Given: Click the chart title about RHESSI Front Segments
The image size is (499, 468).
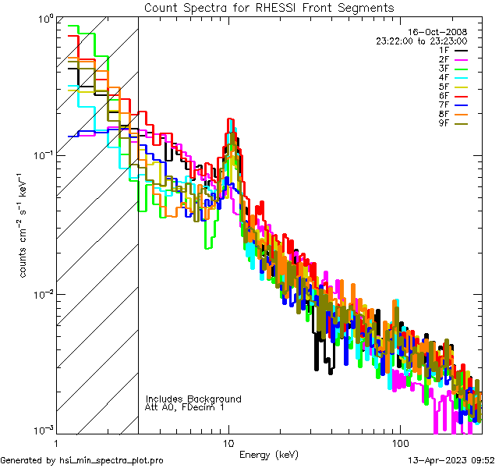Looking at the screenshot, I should point(269,8).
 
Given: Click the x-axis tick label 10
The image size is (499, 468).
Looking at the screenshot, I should point(228,442).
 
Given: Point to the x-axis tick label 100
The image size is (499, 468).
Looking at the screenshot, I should point(398,442).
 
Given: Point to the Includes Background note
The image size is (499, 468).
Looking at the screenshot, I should point(193,399).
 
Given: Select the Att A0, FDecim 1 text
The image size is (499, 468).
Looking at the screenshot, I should point(185,407).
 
